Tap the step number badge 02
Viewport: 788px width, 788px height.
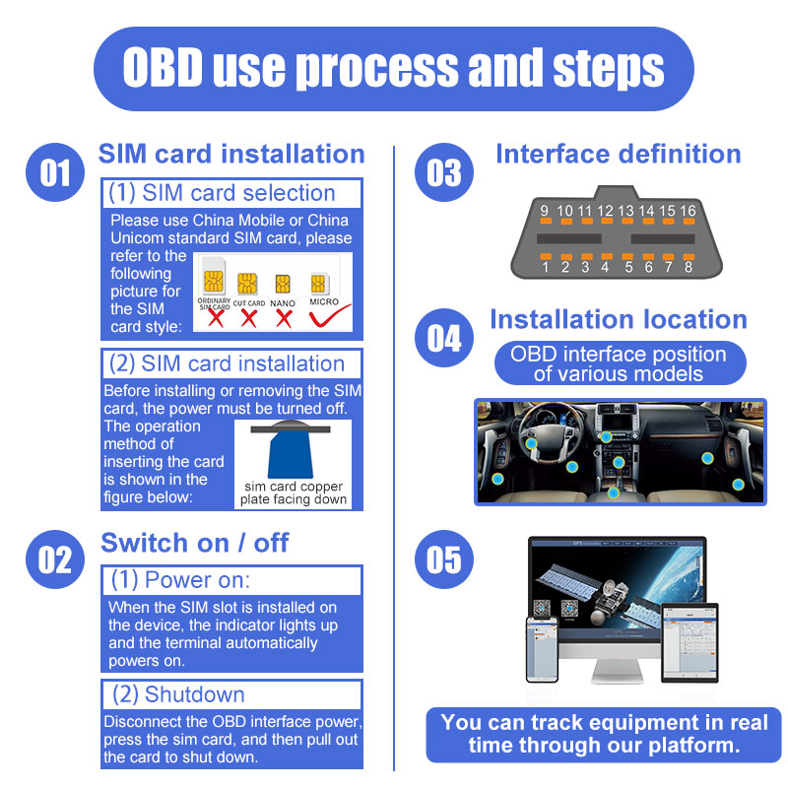click(x=55, y=559)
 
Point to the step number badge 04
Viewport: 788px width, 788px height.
click(x=444, y=339)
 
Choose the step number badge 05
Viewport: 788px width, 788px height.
click(x=444, y=559)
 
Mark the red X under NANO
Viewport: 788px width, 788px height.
click(x=285, y=318)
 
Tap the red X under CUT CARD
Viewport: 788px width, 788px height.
click(x=248, y=318)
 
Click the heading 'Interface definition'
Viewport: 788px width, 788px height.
click(x=618, y=154)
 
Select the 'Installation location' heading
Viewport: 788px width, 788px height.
click(x=618, y=319)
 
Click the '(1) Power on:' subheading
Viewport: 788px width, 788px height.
click(x=180, y=580)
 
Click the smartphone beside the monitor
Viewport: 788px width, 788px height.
click(x=541, y=650)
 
